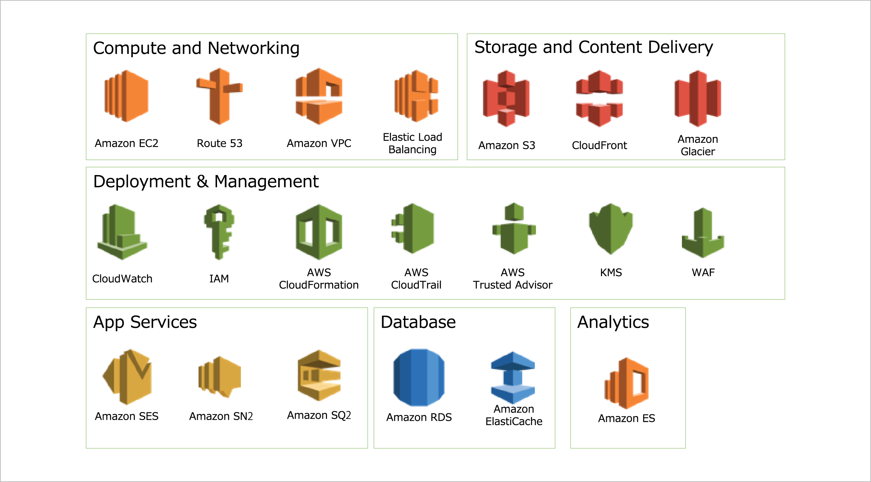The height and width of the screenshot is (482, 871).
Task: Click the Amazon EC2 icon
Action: pyautogui.click(x=126, y=96)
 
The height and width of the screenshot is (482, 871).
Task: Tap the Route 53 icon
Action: pyautogui.click(x=220, y=96)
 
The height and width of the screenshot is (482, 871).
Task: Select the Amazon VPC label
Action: pyautogui.click(x=319, y=144)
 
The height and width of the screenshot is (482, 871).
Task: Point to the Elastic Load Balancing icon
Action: pyautogui.click(x=416, y=96)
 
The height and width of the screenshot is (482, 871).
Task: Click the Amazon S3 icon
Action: pyautogui.click(x=506, y=99)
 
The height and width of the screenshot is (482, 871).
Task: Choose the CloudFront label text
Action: pyautogui.click(x=599, y=145)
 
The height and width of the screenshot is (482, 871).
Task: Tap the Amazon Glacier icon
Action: pyautogui.click(x=698, y=99)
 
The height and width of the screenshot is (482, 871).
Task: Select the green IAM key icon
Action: pyautogui.click(x=219, y=232)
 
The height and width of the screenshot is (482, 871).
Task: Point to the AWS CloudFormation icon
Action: pyautogui.click(x=319, y=232)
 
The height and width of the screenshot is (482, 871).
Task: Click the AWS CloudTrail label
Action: pyautogui.click(x=416, y=279)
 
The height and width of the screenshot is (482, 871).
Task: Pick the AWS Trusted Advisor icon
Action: pyautogui.click(x=514, y=229)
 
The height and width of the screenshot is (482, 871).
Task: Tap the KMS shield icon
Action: pyautogui.click(x=611, y=229)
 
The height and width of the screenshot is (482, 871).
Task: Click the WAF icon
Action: pyautogui.click(x=703, y=233)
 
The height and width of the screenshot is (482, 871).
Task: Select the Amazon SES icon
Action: pyautogui.click(x=127, y=377)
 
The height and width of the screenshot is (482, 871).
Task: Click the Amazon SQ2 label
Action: pyautogui.click(x=319, y=415)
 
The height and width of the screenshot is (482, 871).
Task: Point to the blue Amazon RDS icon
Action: pyautogui.click(x=419, y=378)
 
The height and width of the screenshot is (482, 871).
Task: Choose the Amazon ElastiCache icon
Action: pyautogui.click(x=513, y=378)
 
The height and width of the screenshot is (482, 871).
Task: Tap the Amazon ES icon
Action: pyautogui.click(x=626, y=383)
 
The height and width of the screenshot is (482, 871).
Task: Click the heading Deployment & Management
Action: pyautogui.click(x=206, y=182)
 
